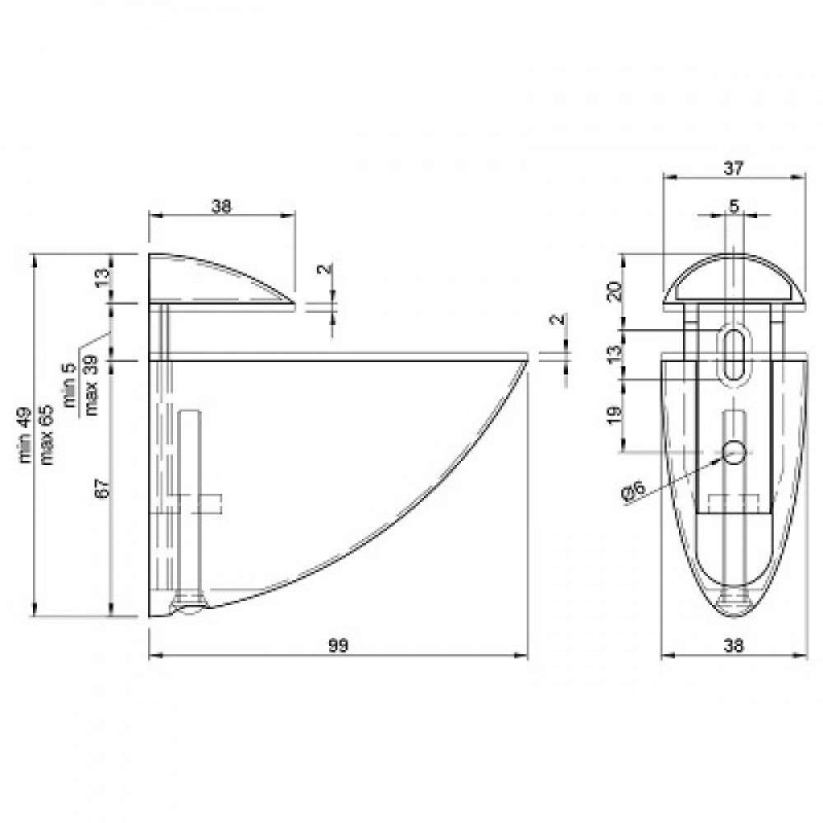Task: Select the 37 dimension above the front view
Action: coord(733,168)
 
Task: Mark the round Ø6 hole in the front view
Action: coord(733,450)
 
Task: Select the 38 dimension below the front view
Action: coord(733,647)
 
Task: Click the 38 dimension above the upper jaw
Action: coord(221,207)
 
